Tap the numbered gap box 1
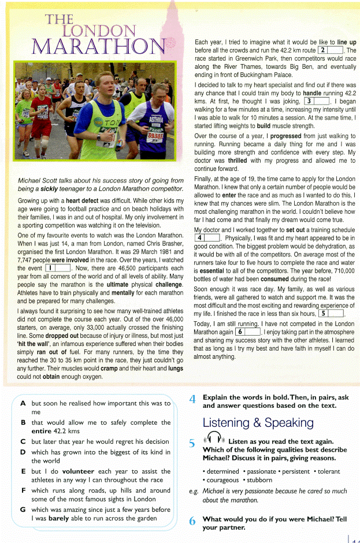tap(58, 268)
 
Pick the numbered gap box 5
tap(332, 314)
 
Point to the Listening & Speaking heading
tap(258, 422)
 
